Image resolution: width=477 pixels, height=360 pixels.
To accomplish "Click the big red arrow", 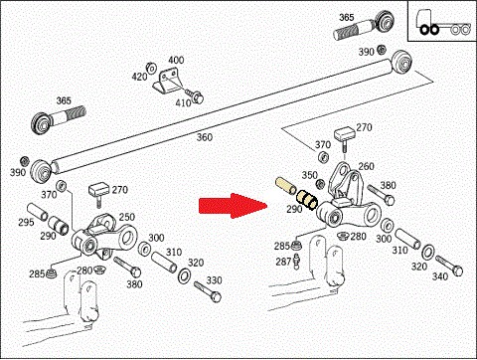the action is (x=234, y=206).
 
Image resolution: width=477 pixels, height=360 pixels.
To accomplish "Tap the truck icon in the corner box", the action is (x=442, y=22).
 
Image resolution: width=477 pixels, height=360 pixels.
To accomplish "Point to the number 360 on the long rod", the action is (x=205, y=137).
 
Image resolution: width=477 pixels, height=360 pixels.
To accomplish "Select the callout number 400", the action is (x=176, y=60).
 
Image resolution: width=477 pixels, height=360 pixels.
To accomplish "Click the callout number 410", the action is (x=183, y=102).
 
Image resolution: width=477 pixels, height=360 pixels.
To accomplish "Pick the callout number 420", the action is (x=139, y=77).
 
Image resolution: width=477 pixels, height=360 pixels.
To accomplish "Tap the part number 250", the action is (x=127, y=217).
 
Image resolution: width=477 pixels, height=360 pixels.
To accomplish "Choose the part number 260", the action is (x=366, y=166).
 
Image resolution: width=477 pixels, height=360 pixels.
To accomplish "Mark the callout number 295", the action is (x=26, y=222).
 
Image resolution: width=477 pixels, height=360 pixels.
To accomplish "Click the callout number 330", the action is (x=214, y=280).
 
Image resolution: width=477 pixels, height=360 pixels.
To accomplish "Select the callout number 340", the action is (x=439, y=276).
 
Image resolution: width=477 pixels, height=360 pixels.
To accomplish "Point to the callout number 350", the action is (x=310, y=175).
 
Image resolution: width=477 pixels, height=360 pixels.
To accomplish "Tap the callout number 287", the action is (x=283, y=262).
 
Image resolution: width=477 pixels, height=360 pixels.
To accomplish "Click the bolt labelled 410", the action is (x=195, y=94).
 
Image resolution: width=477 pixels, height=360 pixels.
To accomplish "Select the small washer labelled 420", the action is (x=151, y=68).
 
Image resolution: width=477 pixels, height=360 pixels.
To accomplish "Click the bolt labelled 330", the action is (x=208, y=291).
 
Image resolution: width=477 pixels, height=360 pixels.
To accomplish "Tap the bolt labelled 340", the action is (x=449, y=266).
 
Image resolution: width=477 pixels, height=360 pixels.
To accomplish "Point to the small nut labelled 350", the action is (x=320, y=184).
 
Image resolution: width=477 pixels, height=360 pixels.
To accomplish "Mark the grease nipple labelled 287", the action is (x=297, y=260).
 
